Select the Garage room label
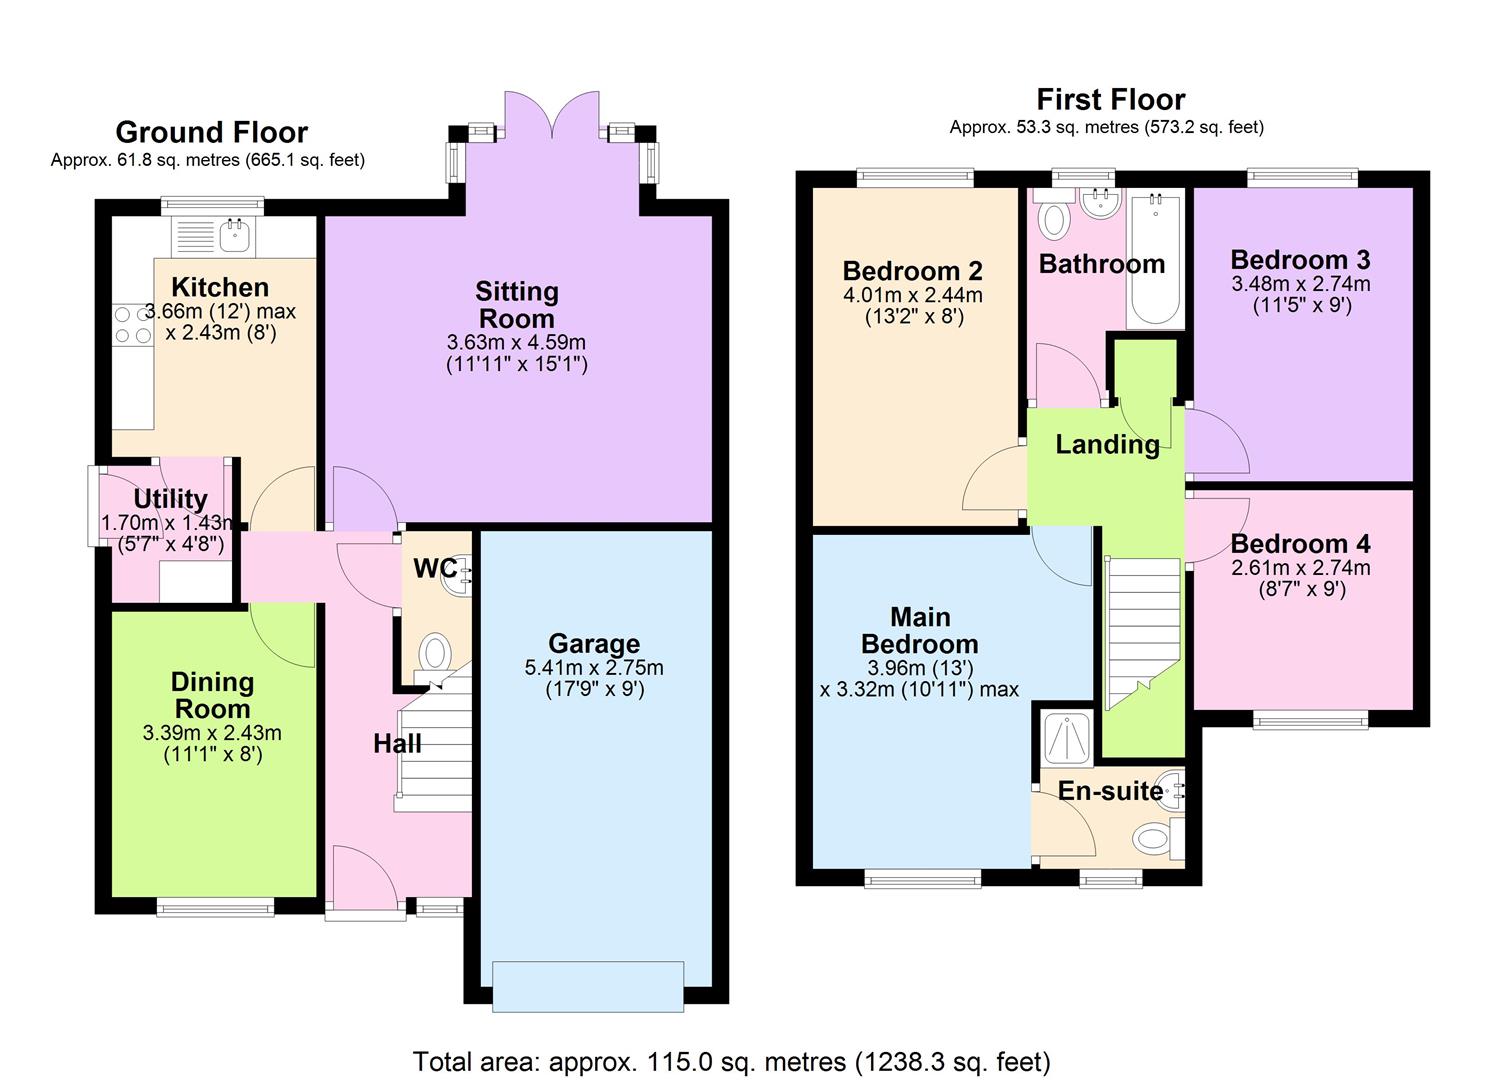coord(593,644)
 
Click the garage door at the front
coord(588,986)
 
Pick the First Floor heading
coord(1110,99)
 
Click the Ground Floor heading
coord(211,132)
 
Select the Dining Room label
coord(212,695)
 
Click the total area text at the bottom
coord(731,1060)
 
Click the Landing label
coord(1107,444)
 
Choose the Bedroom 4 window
coord(1310,720)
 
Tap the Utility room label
coord(170,498)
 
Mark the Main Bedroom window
coord(923,879)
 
